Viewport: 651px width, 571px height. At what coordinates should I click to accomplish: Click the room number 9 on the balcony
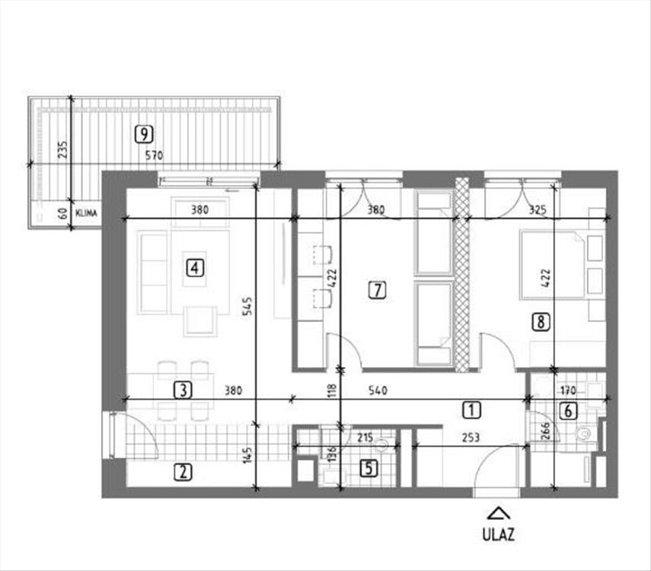click(144, 134)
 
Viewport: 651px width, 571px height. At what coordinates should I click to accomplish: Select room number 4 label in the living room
click(195, 267)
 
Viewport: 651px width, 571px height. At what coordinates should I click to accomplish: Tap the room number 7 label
click(377, 290)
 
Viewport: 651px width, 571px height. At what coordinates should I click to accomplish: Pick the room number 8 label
click(541, 321)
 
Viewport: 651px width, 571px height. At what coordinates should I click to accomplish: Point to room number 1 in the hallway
click(471, 410)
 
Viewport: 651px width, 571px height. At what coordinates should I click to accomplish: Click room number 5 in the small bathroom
click(369, 468)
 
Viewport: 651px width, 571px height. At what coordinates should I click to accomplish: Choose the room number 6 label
click(568, 411)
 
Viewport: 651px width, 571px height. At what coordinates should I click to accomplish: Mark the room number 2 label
click(183, 472)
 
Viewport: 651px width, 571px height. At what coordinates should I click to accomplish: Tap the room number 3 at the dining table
click(183, 391)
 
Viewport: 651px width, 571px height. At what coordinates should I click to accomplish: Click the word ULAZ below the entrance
click(498, 534)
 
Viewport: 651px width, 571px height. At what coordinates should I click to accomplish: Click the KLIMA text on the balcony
click(86, 213)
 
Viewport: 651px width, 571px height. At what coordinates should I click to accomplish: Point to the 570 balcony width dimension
click(154, 156)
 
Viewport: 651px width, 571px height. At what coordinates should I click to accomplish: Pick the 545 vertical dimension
click(247, 306)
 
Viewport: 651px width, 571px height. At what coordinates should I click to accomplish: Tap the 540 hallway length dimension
click(378, 391)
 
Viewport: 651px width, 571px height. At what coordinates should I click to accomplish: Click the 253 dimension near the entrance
click(471, 437)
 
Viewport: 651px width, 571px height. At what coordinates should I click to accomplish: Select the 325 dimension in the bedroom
click(538, 210)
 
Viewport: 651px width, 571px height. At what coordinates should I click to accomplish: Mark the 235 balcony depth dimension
click(62, 149)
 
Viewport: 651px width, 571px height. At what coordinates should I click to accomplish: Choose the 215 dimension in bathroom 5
click(365, 438)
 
